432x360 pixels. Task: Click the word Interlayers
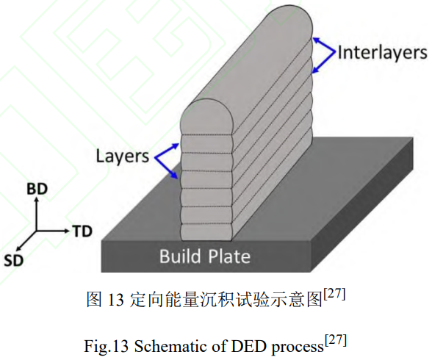[382, 53]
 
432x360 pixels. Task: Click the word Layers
[122, 156]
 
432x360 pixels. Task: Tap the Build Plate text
[205, 256]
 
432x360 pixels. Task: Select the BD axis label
[37, 189]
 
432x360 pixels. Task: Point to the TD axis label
[82, 231]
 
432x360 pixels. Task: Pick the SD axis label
[14, 260]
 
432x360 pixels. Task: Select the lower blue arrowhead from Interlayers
[316, 70]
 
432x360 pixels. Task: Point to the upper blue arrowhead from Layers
[175, 146]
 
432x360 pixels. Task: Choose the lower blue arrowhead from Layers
[174, 176]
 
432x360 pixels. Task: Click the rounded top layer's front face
[206, 118]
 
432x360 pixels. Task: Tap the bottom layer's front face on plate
[206, 232]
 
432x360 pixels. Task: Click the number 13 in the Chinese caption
[115, 300]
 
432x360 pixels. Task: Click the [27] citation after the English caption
[335, 341]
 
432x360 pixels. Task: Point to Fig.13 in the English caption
[106, 346]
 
